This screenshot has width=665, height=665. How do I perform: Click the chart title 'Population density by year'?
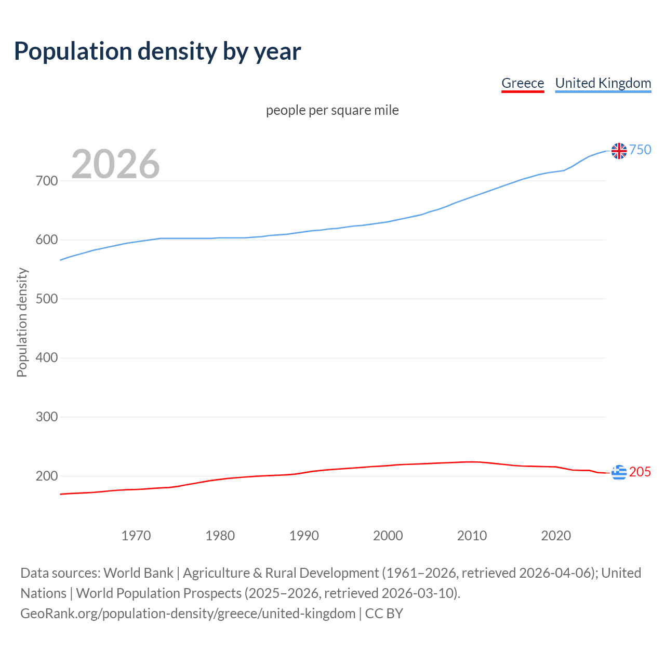(x=157, y=51)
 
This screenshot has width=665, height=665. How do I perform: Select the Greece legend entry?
(x=522, y=83)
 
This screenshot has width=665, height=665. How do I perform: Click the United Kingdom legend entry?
(x=603, y=83)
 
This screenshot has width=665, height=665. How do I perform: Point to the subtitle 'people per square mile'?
(x=332, y=111)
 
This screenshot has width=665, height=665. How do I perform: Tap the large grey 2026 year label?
(x=115, y=164)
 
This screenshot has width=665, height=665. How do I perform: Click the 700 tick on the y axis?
(x=46, y=181)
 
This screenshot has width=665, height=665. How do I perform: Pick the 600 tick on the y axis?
(x=46, y=240)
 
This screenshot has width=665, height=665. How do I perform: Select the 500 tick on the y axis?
(x=46, y=299)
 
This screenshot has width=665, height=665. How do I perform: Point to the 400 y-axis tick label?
(x=46, y=358)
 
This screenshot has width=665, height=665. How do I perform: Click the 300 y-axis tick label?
(x=46, y=417)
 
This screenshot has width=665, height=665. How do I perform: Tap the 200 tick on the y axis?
(x=46, y=476)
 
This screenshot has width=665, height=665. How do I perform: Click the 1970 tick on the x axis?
(x=136, y=536)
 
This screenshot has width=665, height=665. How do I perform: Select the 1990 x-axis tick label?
(x=304, y=536)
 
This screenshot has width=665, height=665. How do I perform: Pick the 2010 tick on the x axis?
(x=472, y=536)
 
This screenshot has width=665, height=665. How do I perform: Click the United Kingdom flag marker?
(x=619, y=151)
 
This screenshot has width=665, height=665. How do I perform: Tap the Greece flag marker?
(x=619, y=472)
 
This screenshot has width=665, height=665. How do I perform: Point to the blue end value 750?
(x=640, y=150)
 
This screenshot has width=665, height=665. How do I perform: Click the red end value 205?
(x=640, y=472)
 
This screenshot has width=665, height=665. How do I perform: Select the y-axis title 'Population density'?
(x=22, y=322)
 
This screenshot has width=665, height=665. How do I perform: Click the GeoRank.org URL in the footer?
(x=188, y=614)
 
